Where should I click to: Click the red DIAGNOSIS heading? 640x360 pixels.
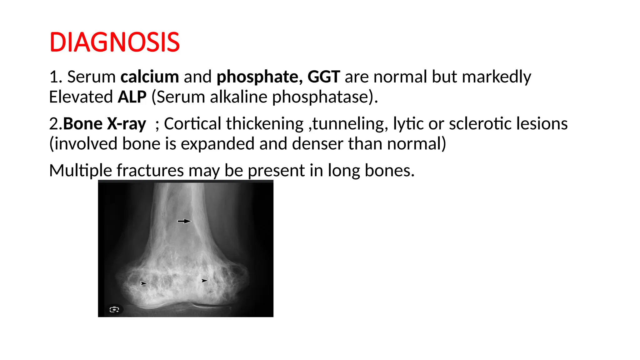click(114, 42)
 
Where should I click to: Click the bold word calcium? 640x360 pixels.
click(150, 77)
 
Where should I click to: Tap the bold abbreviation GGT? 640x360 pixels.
click(324, 77)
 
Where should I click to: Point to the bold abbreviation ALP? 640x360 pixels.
click(132, 97)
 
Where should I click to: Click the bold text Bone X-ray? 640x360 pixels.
click(104, 124)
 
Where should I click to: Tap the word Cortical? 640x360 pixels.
click(193, 124)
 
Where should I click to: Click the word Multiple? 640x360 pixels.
click(80, 171)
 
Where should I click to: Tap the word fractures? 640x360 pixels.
click(150, 171)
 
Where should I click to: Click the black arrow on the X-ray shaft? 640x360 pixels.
click(184, 221)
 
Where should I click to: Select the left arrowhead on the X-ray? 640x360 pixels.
click(143, 283)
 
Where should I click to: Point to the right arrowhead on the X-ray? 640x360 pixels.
click(204, 281)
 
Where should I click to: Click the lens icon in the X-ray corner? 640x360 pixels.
click(114, 309)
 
